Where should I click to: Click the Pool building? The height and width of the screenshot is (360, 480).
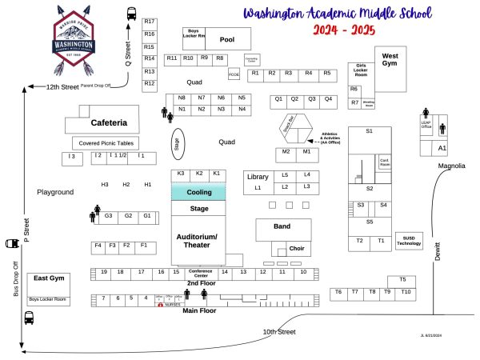[227, 38]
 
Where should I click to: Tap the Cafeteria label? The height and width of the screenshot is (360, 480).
[109, 123]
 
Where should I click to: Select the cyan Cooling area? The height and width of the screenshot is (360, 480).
[198, 193]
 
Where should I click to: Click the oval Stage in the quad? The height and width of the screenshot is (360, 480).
[177, 143]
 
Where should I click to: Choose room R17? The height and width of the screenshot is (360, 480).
[150, 22]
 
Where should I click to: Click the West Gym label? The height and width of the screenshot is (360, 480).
[390, 60]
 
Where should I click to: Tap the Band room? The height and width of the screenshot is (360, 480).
[282, 227]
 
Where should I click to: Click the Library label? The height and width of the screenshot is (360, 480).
[258, 177]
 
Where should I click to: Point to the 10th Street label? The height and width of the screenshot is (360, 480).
[280, 331]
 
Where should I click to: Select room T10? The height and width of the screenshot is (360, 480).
[406, 292]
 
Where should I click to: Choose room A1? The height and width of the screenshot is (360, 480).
[442, 149]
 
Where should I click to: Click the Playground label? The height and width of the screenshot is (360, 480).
[55, 192]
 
